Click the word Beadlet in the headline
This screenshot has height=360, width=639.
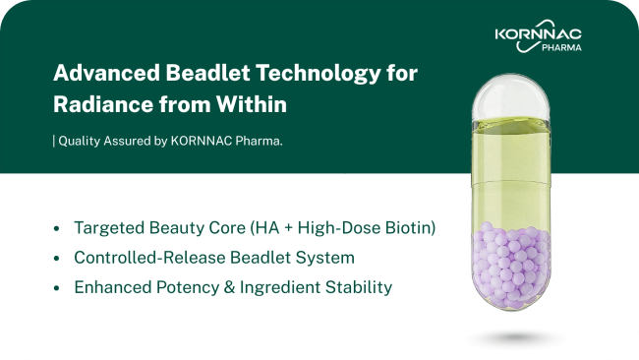207,73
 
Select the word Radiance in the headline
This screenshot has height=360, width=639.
102,104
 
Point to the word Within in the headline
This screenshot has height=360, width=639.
252,104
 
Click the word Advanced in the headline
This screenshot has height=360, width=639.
106,73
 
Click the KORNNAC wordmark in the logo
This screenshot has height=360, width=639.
539,34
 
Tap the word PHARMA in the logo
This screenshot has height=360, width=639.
561,47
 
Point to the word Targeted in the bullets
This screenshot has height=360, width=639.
109,228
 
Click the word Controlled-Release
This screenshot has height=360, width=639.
149,258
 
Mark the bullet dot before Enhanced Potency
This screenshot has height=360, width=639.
57,288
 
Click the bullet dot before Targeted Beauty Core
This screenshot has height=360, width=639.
57,228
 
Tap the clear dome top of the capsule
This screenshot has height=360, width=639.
511,97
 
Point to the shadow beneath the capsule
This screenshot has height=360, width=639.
515,337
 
